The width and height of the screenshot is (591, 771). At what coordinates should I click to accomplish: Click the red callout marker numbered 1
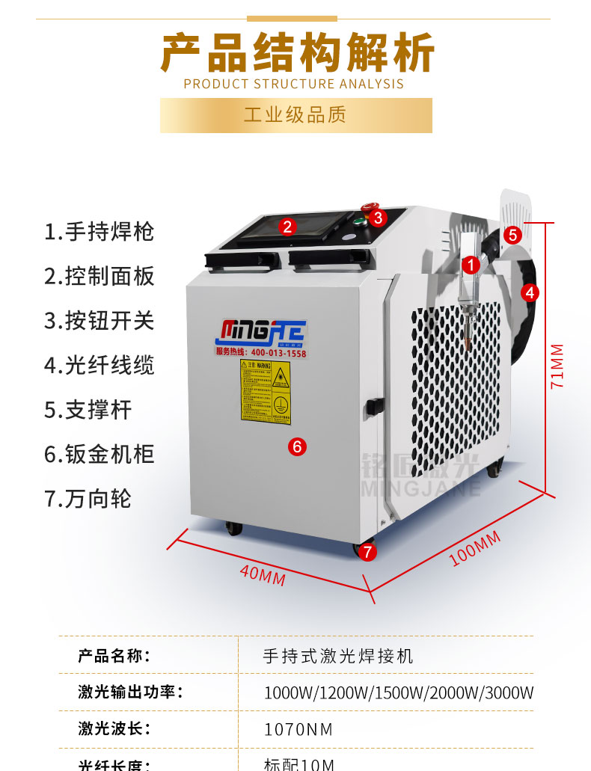click(471, 263)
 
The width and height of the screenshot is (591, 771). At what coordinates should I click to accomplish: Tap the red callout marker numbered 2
click(287, 226)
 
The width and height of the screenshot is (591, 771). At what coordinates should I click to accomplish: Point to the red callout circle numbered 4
click(530, 292)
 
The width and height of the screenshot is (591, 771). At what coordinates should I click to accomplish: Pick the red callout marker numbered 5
click(512, 234)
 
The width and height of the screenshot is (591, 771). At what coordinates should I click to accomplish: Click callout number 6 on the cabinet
click(296, 446)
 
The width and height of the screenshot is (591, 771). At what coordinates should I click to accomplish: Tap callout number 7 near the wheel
click(367, 552)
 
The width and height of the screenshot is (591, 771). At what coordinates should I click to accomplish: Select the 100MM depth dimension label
click(475, 550)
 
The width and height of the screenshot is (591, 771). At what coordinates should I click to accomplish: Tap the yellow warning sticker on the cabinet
click(265, 391)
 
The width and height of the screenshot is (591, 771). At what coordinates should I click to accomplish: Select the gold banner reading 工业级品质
click(295, 115)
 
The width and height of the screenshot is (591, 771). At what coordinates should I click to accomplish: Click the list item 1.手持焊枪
click(99, 232)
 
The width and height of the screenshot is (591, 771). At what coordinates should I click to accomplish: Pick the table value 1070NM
click(298, 729)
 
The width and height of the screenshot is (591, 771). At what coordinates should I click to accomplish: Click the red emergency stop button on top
click(369, 207)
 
